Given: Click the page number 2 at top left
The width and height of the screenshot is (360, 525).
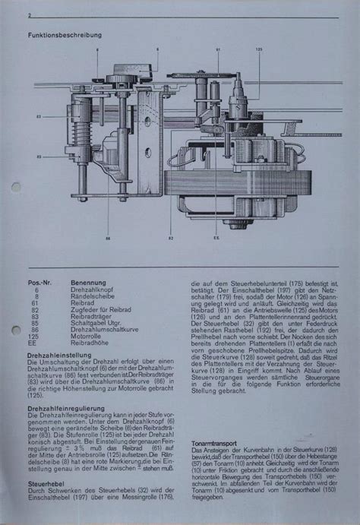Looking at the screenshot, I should pyautogui.click(x=29, y=16).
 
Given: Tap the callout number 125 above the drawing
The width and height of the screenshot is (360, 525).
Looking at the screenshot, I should pyautogui.click(x=259, y=49).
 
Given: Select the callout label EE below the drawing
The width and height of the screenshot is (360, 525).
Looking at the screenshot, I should pyautogui.click(x=216, y=238).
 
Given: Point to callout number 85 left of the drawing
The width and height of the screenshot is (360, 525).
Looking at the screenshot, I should pyautogui.click(x=38, y=157).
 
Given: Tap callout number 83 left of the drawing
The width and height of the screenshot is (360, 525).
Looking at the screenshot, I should pyautogui.click(x=38, y=116).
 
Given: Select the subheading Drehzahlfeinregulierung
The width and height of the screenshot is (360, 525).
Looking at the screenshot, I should pyautogui.click(x=66, y=408).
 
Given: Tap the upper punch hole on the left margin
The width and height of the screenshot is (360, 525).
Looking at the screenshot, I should pyautogui.click(x=16, y=188).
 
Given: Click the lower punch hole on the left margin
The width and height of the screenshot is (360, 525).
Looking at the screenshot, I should pyautogui.click(x=16, y=329).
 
